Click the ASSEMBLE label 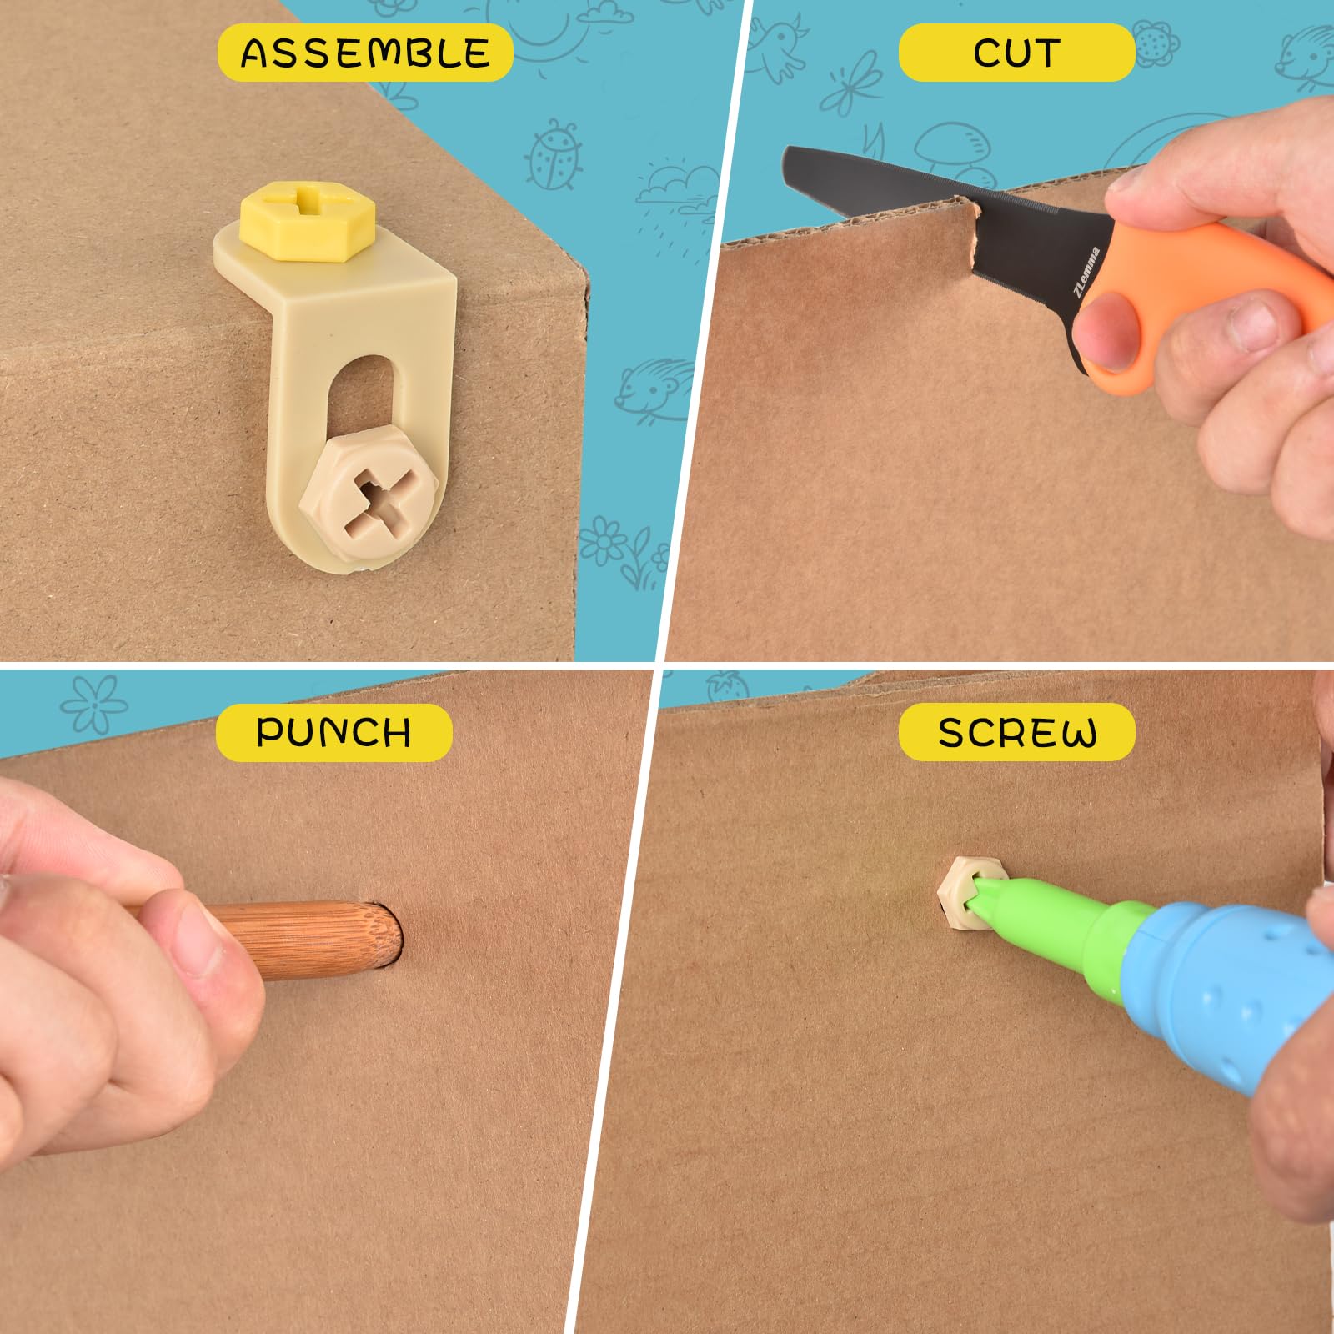point(364,53)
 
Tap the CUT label point(1016,53)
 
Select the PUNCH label point(333,732)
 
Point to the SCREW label point(1016,732)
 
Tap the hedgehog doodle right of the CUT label point(1305,54)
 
